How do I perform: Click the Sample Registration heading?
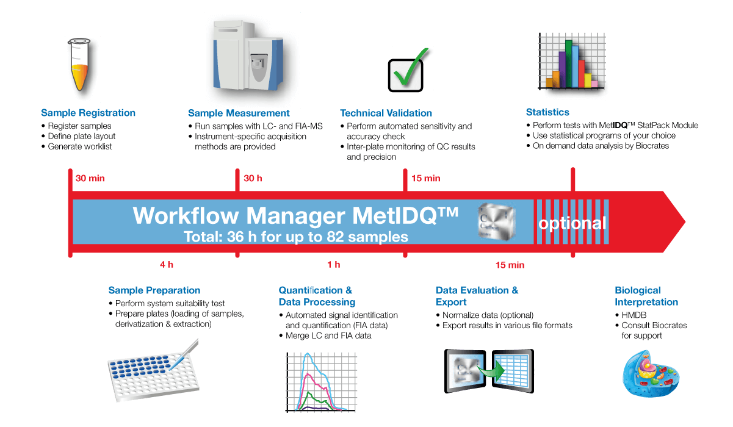click(88, 113)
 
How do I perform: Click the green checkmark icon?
click(410, 69)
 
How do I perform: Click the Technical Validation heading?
click(386, 113)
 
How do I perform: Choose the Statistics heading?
click(547, 112)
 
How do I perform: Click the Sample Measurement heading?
click(239, 113)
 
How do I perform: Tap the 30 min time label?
click(89, 179)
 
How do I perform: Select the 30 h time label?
click(253, 179)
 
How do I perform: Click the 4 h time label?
click(167, 265)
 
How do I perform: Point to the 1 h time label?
click(334, 265)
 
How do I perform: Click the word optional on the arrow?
click(572, 223)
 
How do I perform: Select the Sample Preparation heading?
click(154, 290)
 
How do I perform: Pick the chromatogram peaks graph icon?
click(317, 381)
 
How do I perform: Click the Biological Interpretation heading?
click(646, 296)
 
